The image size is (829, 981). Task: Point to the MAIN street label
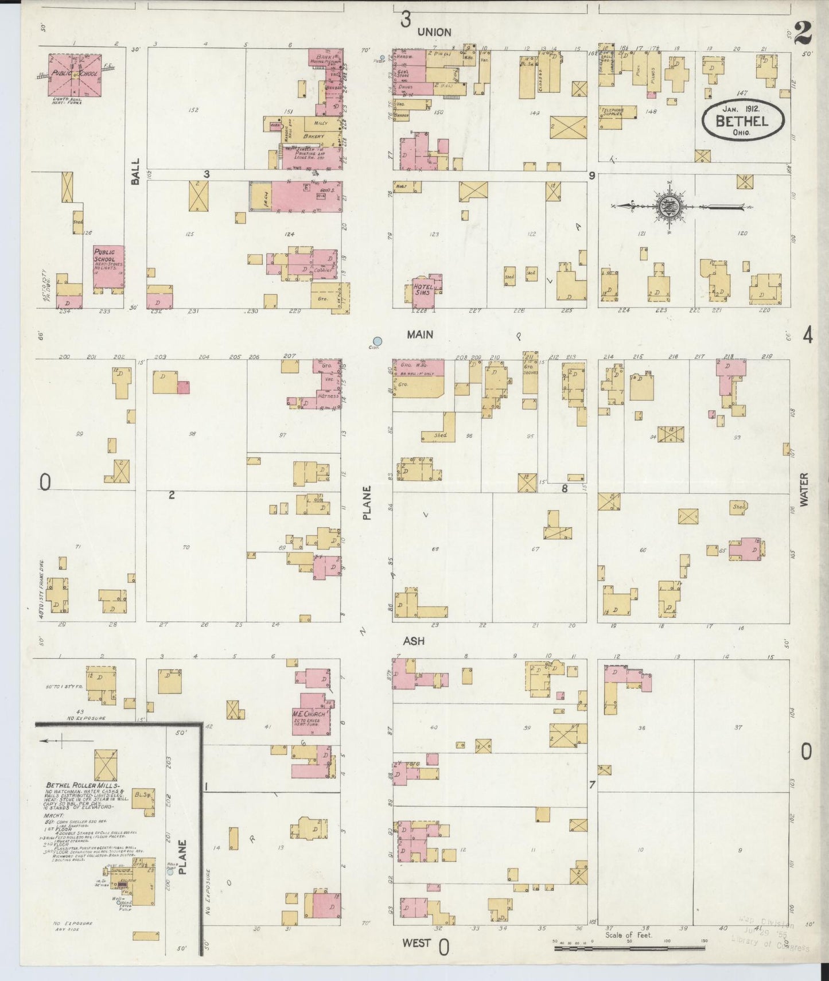[420, 334]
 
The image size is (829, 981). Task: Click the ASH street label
[413, 640]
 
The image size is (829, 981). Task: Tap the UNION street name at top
[434, 32]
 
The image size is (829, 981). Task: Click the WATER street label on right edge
[803, 489]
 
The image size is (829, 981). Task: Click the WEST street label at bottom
[415, 943]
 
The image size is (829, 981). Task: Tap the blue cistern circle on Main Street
[377, 341]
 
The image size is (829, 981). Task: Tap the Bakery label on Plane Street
[314, 136]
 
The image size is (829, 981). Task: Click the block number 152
[193, 110]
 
